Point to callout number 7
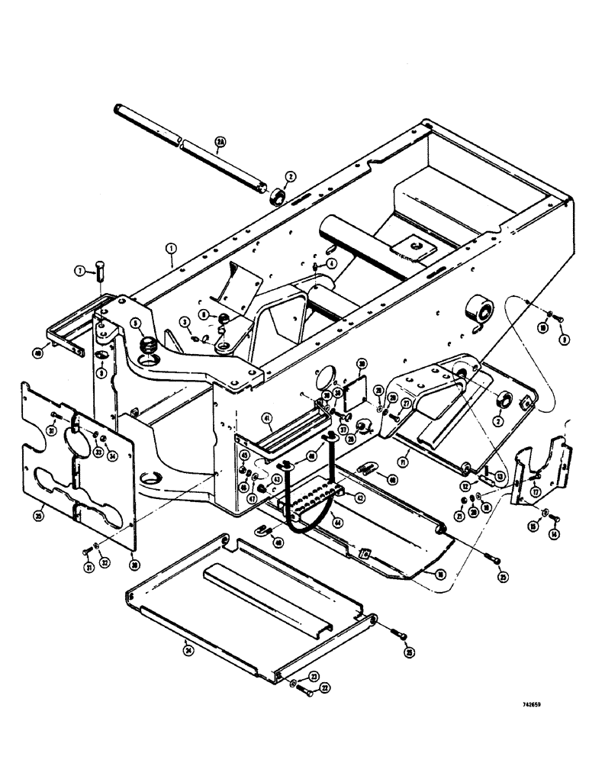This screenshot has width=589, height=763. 79,270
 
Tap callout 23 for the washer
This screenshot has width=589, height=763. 314,675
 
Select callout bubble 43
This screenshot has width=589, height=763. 277,478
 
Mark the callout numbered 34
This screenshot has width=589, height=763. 114,436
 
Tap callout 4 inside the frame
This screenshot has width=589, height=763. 332,264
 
